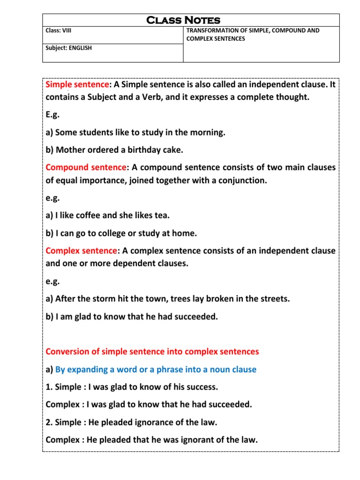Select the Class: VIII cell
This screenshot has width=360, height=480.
point(59,31)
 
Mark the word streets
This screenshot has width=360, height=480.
point(272,299)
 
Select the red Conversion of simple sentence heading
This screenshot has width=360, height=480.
point(152,352)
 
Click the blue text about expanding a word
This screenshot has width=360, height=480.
point(156,369)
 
